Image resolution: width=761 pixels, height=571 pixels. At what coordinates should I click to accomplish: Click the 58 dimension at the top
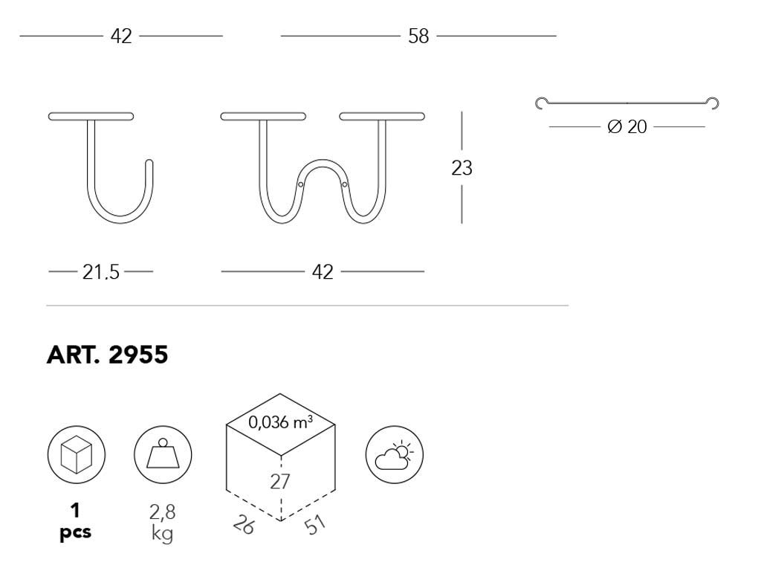418,36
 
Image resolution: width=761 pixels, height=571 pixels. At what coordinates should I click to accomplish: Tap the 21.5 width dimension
100,272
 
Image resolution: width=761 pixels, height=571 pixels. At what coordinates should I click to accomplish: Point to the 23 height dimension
462,168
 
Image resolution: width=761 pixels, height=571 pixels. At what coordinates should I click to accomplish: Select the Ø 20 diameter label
627,126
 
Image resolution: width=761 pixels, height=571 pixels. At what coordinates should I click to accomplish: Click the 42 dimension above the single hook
121,36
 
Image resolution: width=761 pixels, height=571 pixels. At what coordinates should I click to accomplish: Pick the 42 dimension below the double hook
323,272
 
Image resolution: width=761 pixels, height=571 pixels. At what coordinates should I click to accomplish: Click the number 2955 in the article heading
138,355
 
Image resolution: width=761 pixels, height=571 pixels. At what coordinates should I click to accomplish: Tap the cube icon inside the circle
77,455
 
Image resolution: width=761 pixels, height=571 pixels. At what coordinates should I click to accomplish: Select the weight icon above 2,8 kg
163,454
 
